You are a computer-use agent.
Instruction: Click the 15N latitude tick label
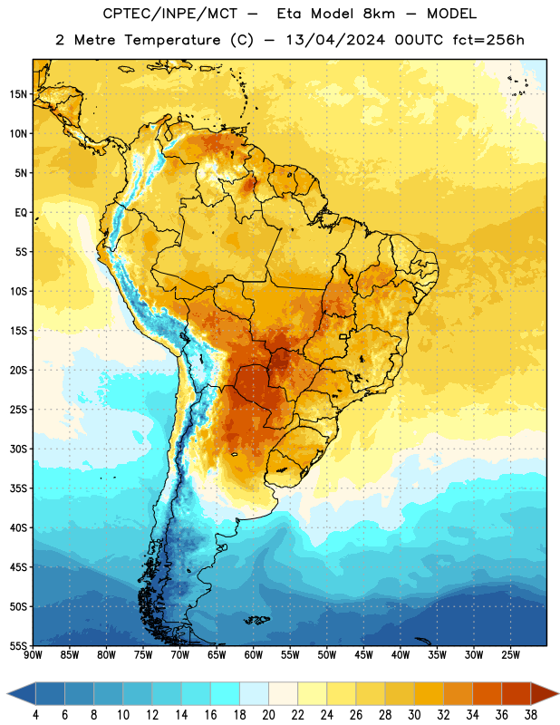point(18,94)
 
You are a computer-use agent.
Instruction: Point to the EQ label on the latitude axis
point(21,213)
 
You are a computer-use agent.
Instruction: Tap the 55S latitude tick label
point(18,645)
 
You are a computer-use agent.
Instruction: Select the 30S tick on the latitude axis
point(18,449)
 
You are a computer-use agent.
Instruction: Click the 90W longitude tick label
point(33,655)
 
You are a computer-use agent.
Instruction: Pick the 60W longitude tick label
point(254,655)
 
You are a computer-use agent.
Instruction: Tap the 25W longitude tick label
point(510,655)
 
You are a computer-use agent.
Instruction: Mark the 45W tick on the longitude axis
point(363,655)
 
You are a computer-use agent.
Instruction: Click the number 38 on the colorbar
point(531,715)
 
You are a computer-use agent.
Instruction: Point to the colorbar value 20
point(268,715)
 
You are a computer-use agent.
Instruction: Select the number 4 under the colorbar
point(35,715)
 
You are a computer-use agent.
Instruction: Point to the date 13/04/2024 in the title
point(335,40)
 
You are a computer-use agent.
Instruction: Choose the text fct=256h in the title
point(488,40)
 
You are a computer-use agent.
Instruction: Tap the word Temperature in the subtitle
point(172,40)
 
